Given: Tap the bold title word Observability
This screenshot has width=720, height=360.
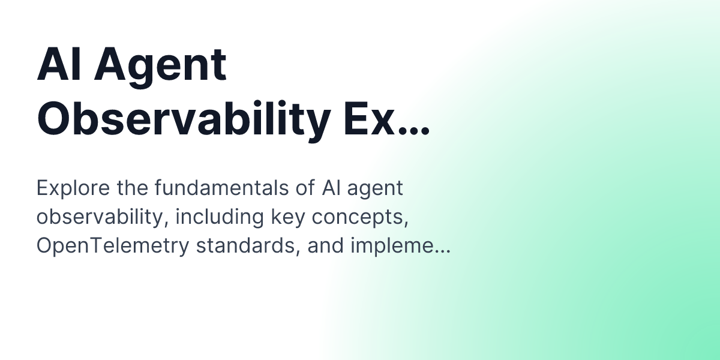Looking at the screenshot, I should click(184, 119).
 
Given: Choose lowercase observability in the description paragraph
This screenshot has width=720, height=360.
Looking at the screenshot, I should click(100, 217).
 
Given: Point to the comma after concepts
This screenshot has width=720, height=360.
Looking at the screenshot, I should click(406, 224).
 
